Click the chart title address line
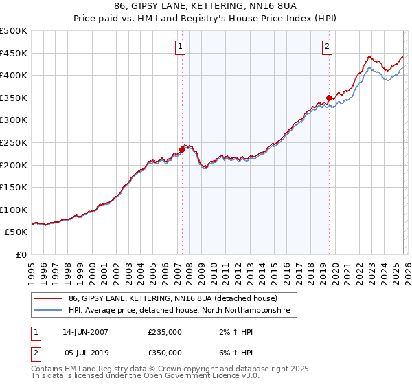coord(205,8)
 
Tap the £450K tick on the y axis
coord(14,53)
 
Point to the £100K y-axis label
coord(14,210)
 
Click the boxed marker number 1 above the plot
coord(180,47)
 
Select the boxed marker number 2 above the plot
coord(327,47)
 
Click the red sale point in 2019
coord(329,98)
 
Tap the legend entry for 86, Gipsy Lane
coord(172,299)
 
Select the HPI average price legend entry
coord(179,311)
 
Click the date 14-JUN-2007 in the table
coord(86,332)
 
